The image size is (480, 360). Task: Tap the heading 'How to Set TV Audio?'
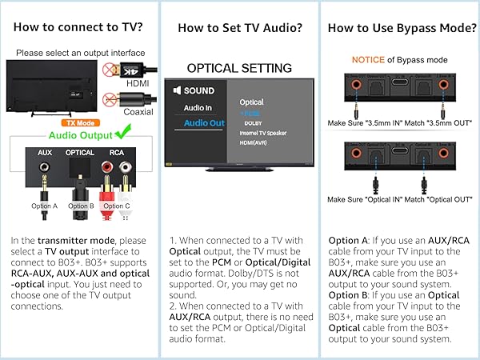coord(239,28)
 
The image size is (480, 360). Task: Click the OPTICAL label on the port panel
coord(80,151)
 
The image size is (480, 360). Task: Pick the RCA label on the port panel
coord(116,151)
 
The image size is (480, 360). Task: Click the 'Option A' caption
coord(44,206)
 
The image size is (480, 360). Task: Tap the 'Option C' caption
coord(117,206)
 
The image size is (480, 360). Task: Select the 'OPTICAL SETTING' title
coord(239,67)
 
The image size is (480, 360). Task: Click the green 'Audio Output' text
coord(81,136)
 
